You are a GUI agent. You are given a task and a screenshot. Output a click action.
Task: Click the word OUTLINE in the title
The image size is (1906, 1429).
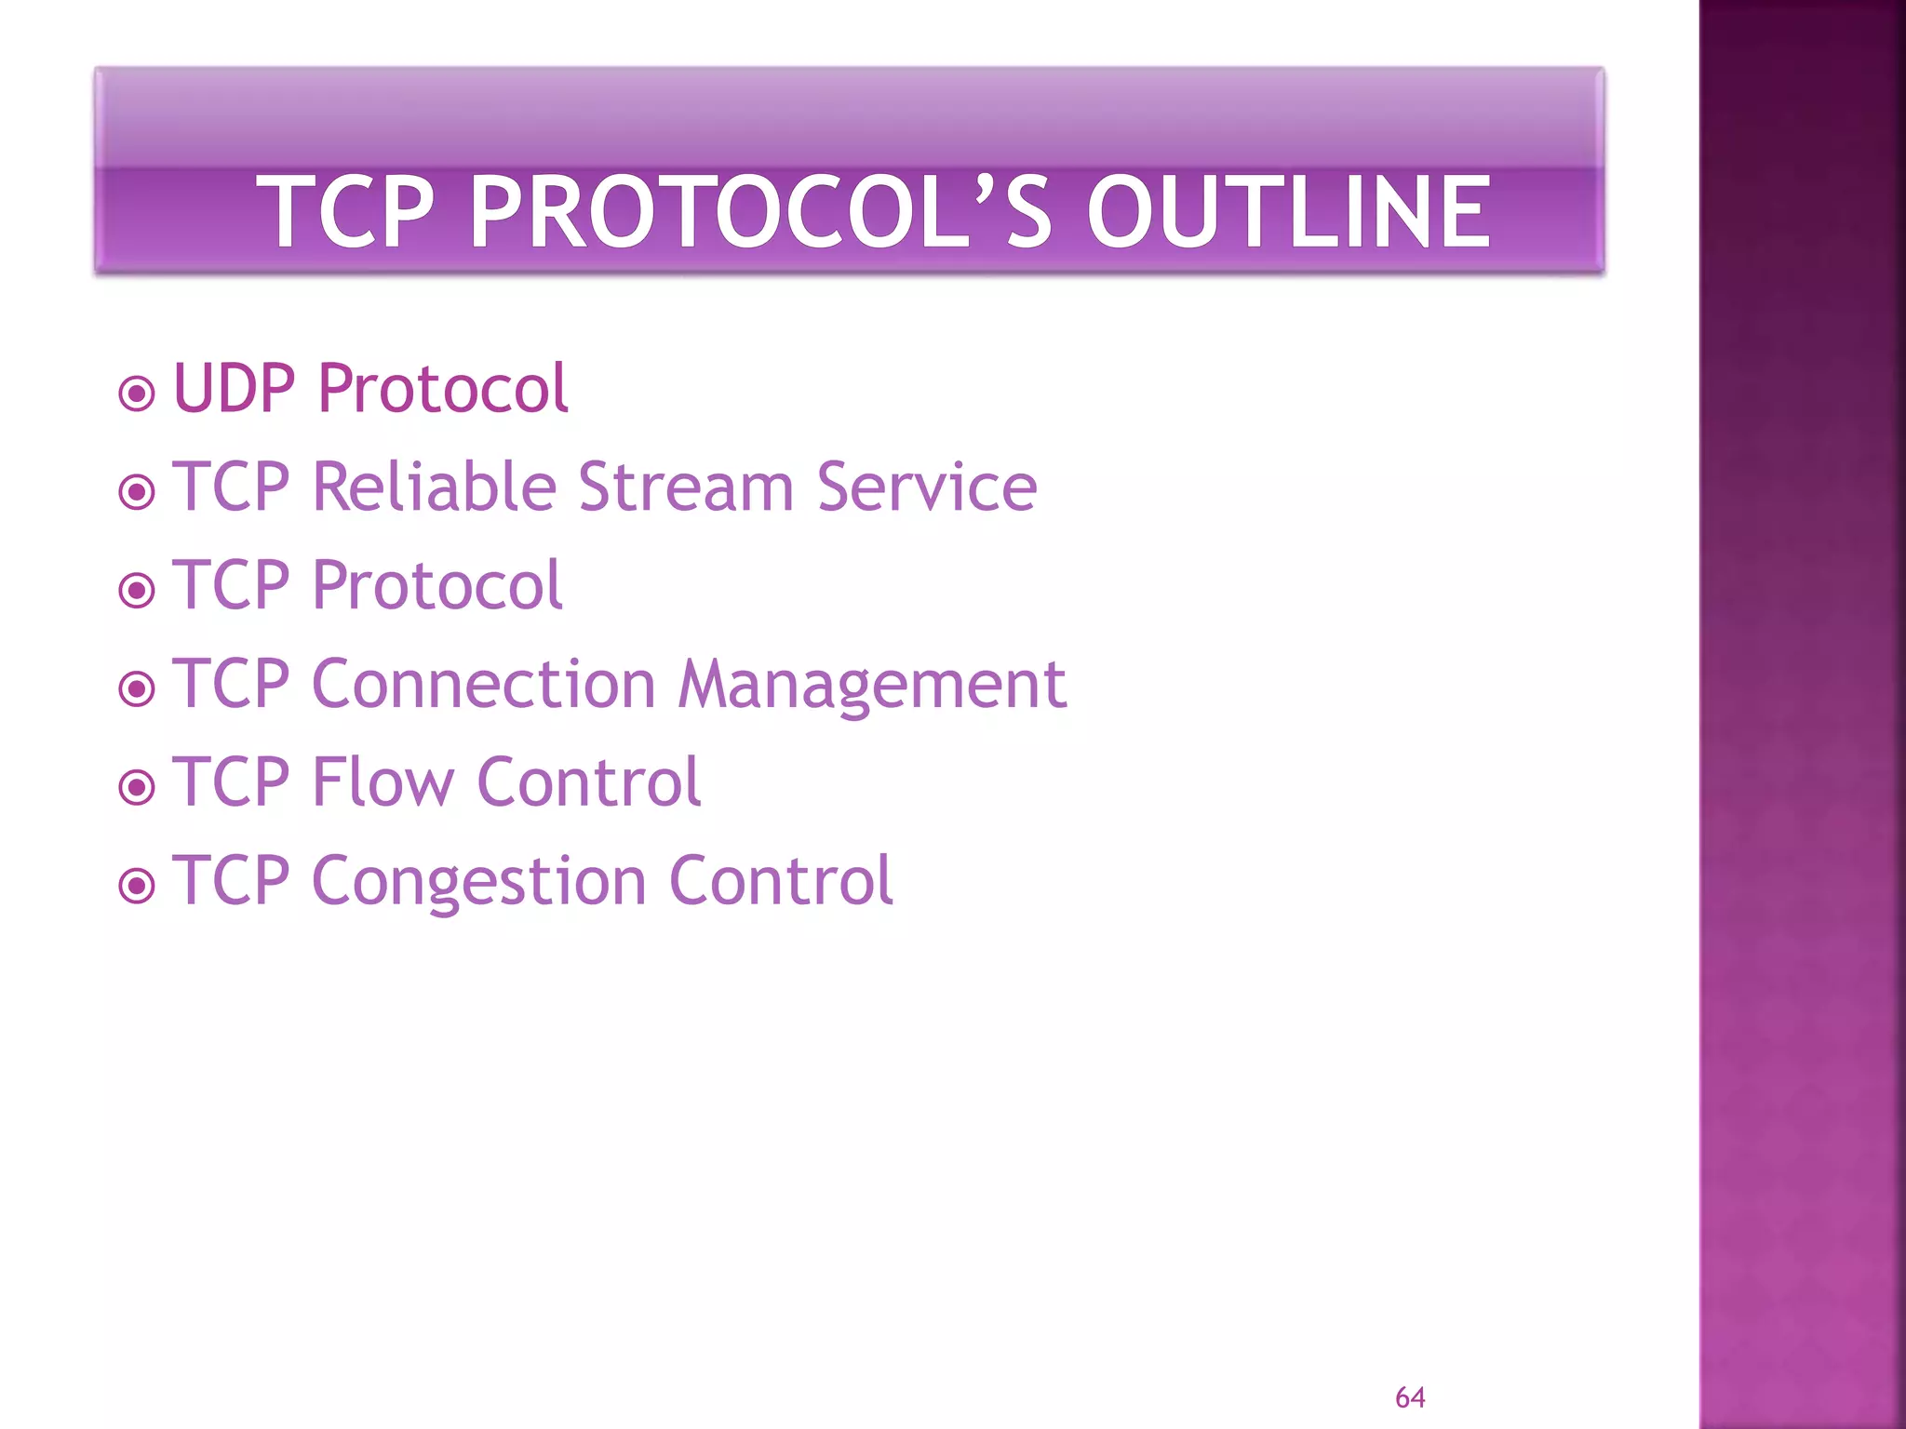pyautogui.click(x=1288, y=213)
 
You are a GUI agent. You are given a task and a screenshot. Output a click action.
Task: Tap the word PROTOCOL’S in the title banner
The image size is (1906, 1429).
pyautogui.click(x=760, y=213)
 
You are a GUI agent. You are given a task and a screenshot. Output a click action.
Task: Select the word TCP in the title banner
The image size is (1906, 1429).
pyautogui.click(x=346, y=213)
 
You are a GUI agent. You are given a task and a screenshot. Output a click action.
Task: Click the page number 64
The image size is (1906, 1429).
pyautogui.click(x=1410, y=1397)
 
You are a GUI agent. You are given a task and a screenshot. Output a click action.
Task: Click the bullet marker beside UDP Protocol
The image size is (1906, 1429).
pyautogui.click(x=137, y=394)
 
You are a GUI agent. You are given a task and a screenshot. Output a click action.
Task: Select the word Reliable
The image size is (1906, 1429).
pyautogui.click(x=435, y=487)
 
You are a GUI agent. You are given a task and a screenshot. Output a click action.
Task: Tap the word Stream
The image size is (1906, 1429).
pyautogui.click(x=686, y=487)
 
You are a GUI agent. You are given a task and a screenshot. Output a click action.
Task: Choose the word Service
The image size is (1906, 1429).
pyautogui.click(x=927, y=487)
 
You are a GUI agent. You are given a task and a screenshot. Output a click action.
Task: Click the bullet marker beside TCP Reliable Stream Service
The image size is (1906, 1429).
pyautogui.click(x=137, y=492)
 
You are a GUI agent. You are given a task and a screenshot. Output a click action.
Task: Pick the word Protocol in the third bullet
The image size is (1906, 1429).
pyautogui.click(x=437, y=585)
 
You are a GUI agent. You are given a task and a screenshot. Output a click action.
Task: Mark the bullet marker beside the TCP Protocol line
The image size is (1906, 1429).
pyautogui.click(x=137, y=591)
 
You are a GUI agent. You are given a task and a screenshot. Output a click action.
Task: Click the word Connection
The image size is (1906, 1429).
pyautogui.click(x=484, y=684)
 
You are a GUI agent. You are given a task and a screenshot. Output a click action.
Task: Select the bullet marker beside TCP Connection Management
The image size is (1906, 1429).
pyautogui.click(x=137, y=689)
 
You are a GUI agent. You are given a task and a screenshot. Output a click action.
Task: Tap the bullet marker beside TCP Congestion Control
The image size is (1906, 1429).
pyautogui.click(x=137, y=886)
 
